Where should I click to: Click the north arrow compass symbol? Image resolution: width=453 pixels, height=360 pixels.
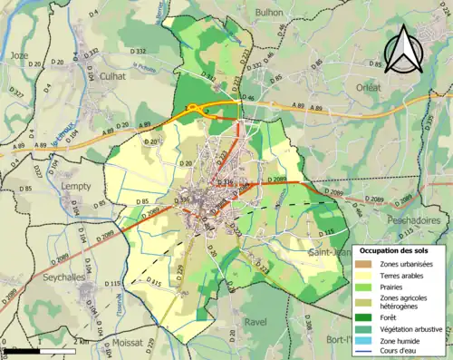click(404, 50)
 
